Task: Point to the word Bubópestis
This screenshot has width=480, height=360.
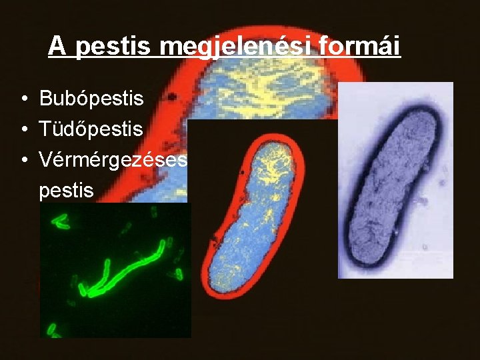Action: (91, 99)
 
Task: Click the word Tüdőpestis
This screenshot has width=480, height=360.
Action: (91, 129)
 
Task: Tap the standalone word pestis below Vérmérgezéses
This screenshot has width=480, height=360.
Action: (67, 191)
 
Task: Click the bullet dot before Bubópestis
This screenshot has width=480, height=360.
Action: (23, 100)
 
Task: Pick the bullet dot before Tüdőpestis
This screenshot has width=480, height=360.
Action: (23, 130)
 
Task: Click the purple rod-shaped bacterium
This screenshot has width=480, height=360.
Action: (397, 180)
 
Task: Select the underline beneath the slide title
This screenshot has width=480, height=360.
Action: (224, 57)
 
